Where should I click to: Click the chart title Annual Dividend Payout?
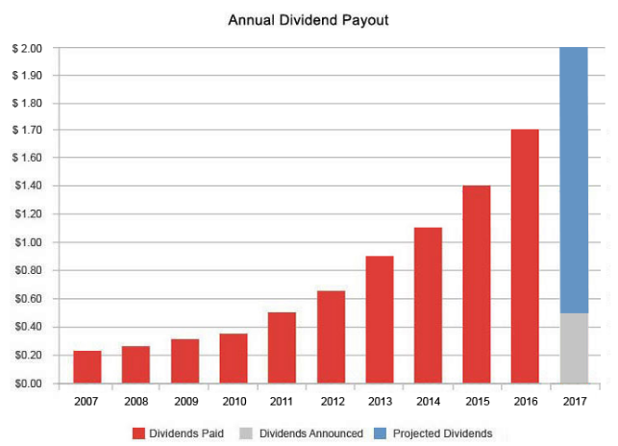click(x=308, y=19)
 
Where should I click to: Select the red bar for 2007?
click(x=87, y=366)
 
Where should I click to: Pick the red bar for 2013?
click(x=380, y=319)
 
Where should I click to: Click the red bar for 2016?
click(x=525, y=256)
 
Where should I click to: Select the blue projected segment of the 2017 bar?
click(x=574, y=180)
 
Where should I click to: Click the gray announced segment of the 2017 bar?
click(x=574, y=348)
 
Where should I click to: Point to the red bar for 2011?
click(x=282, y=347)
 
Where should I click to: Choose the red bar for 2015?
click(x=477, y=284)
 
